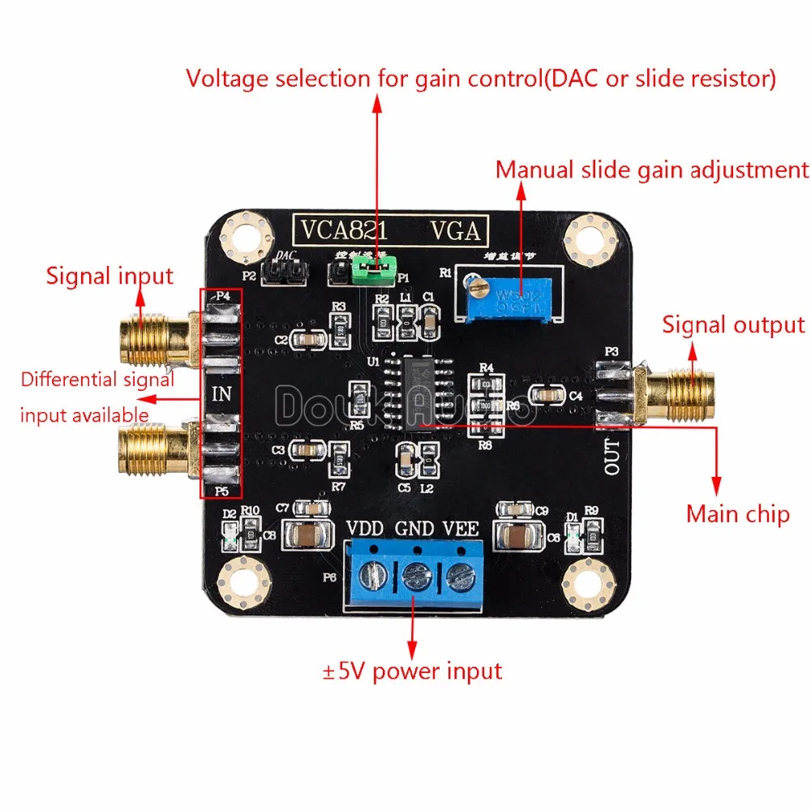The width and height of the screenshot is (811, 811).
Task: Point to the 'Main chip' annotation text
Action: pyautogui.click(x=737, y=513)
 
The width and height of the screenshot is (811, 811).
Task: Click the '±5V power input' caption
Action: pyautogui.click(x=412, y=671)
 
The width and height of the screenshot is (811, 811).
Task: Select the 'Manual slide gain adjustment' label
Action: pyautogui.click(x=652, y=169)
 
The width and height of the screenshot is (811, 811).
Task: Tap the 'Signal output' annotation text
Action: pyautogui.click(x=733, y=324)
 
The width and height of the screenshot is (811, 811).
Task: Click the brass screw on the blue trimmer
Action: pyautogui.click(x=474, y=283)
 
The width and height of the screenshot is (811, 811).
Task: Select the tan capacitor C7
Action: pyautogui.click(x=313, y=534)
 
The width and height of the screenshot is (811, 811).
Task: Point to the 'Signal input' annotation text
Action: pyautogui.click(x=109, y=276)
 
